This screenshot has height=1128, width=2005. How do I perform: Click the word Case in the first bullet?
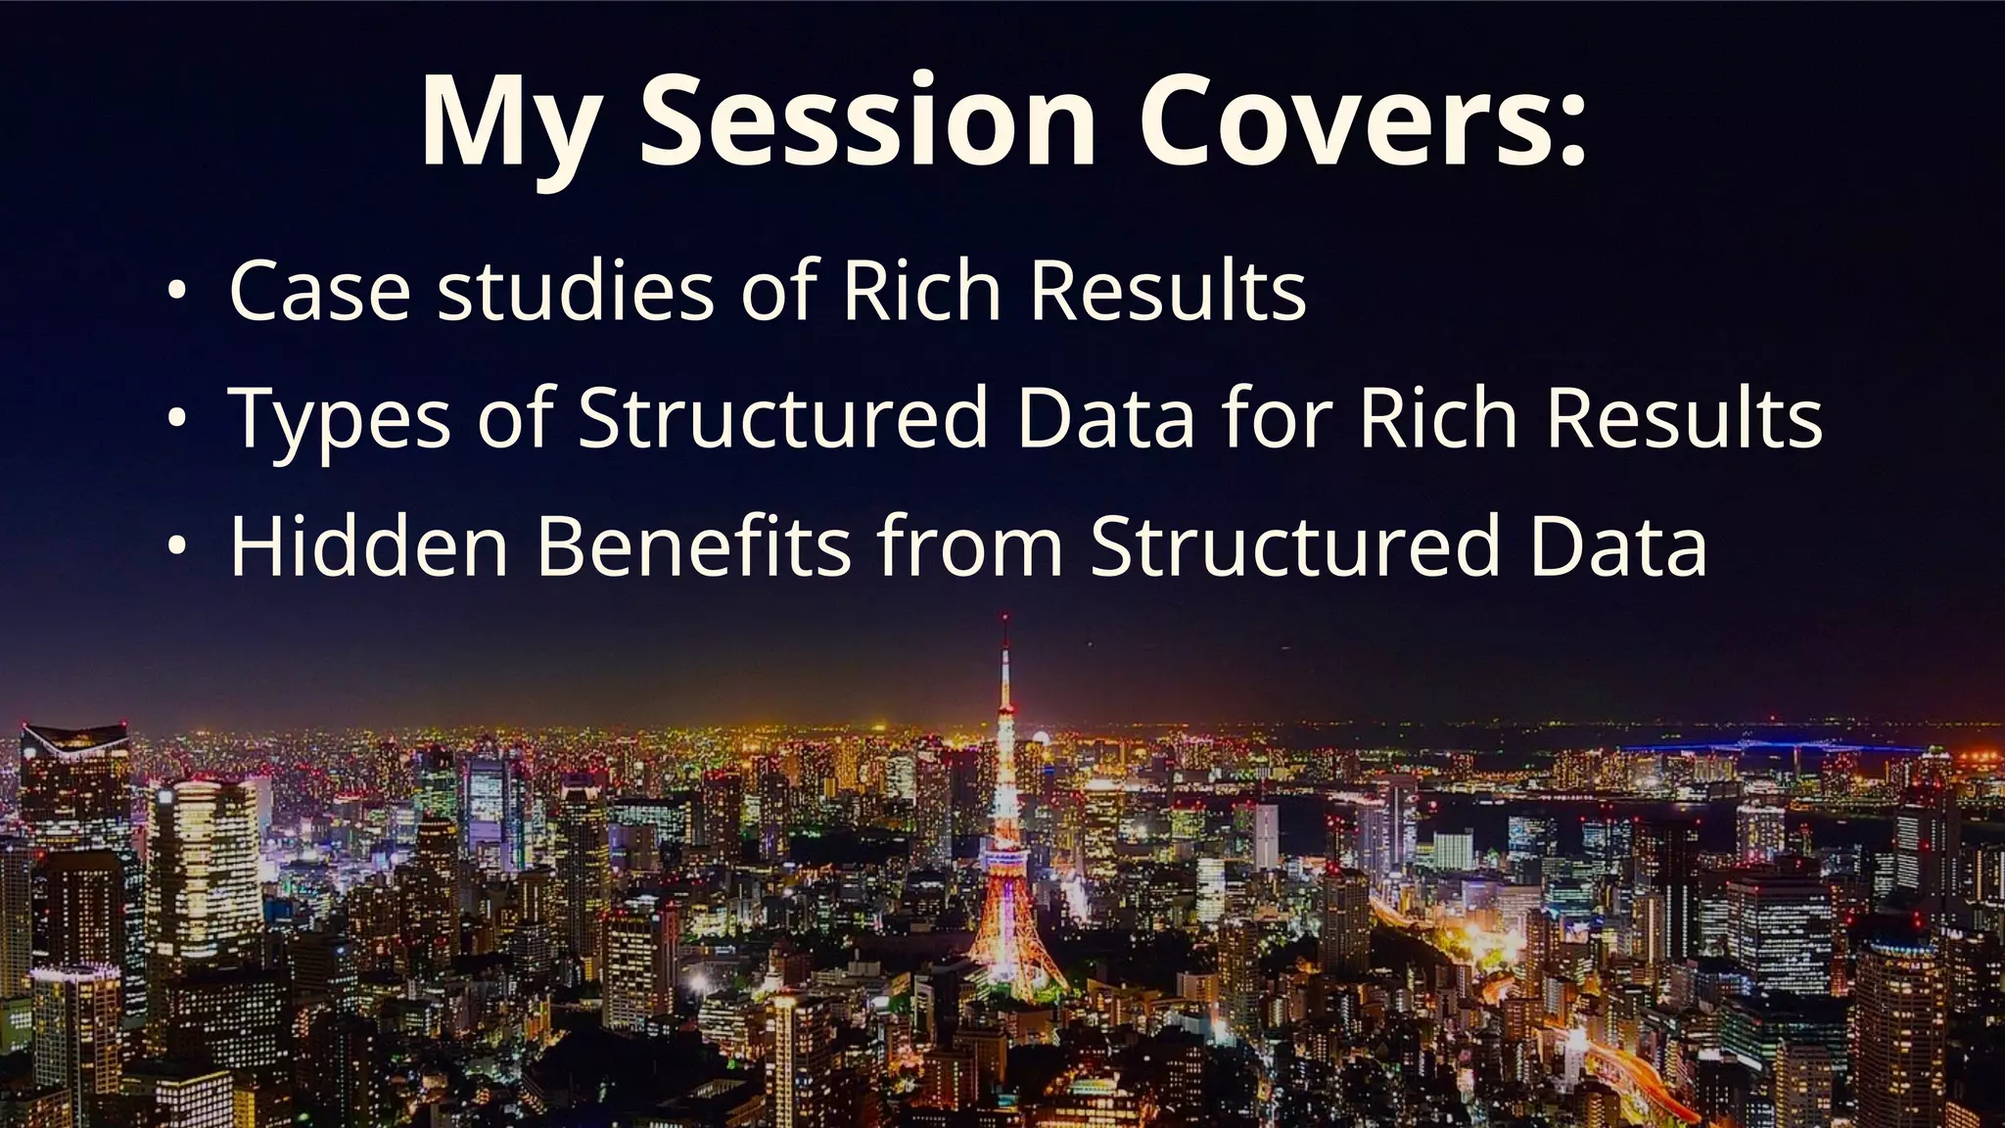(x=319, y=291)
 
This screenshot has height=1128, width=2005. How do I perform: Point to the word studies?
(x=576, y=291)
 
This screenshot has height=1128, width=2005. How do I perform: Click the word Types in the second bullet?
(x=340, y=419)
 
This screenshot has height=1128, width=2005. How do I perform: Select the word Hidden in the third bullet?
(x=369, y=545)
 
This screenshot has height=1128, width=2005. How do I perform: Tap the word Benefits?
(x=693, y=545)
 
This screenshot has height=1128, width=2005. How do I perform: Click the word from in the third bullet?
(x=969, y=545)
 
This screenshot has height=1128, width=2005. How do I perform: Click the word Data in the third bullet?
(x=1618, y=545)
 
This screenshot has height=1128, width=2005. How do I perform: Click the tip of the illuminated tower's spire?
(x=1004, y=619)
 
